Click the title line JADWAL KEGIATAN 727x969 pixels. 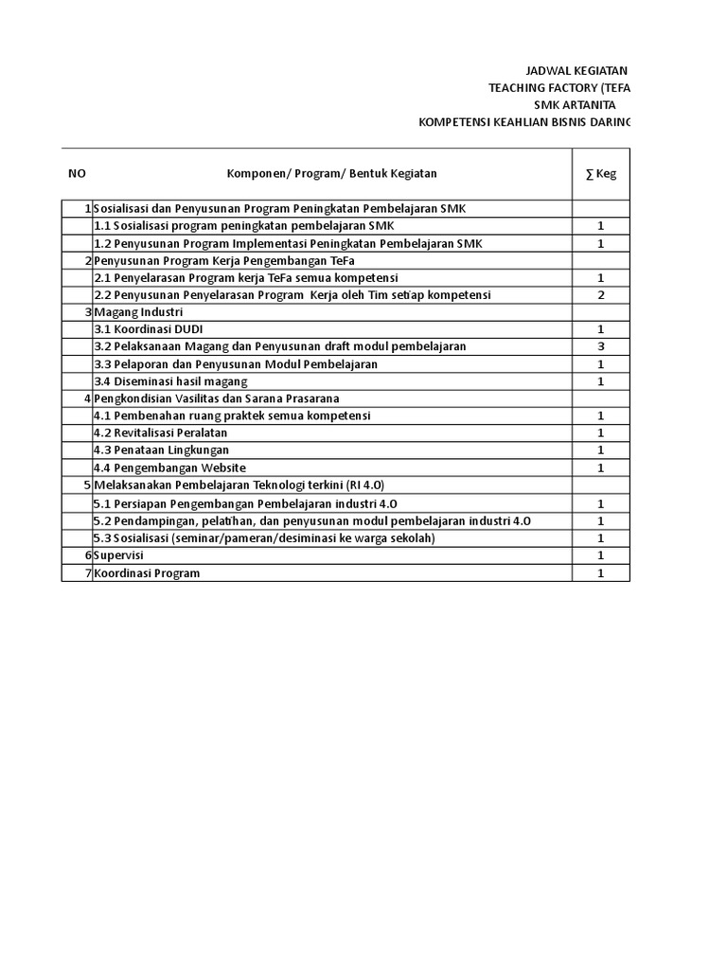(576, 71)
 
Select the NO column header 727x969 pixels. (77, 174)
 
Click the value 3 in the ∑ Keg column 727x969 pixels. (600, 346)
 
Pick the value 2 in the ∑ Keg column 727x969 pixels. (600, 295)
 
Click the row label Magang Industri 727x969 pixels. (138, 312)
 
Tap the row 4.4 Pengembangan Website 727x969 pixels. (169, 467)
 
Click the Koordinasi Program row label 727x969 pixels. (147, 573)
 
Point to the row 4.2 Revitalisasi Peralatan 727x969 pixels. (160, 432)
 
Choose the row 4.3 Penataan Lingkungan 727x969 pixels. (161, 450)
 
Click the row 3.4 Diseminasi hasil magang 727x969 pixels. (170, 381)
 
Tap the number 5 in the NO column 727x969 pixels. (87, 484)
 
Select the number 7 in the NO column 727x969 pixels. (87, 573)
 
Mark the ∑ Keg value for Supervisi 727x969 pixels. (600, 555)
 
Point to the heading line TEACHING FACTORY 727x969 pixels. (559, 88)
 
